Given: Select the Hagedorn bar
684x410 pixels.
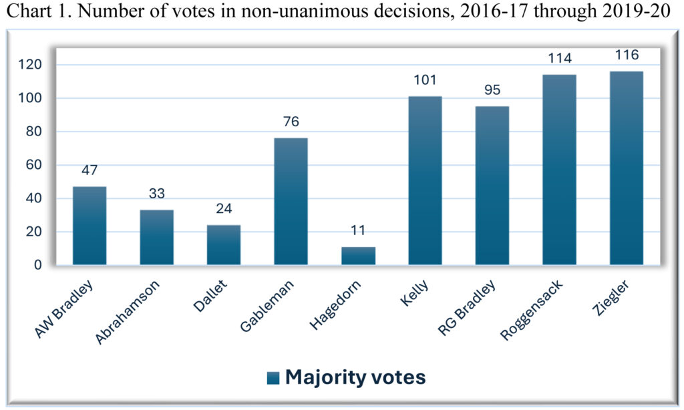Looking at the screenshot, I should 358,256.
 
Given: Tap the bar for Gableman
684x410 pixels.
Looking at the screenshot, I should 291,202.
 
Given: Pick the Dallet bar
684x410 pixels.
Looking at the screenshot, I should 224,245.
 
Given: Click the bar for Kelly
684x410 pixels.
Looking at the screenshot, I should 425,180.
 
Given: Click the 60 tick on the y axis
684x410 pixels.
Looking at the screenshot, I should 33,165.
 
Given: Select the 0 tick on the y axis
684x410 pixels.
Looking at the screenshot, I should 37,265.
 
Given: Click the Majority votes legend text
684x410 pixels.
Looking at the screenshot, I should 355,377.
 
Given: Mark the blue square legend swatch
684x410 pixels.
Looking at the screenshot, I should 273,379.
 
